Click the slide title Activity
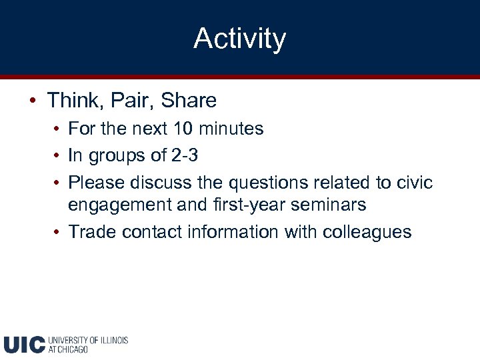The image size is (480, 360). tap(239, 39)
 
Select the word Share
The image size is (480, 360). tap(189, 101)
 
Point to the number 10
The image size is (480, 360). tap(183, 128)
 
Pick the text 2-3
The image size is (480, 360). tap(184, 155)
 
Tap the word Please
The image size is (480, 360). tap(97, 182)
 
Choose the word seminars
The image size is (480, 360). tap(329, 204)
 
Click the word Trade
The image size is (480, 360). tap(90, 231)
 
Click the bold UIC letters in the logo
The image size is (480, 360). tap(24, 344)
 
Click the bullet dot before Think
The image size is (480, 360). tap(32, 101)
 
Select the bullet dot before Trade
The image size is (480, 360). tap(59, 232)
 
